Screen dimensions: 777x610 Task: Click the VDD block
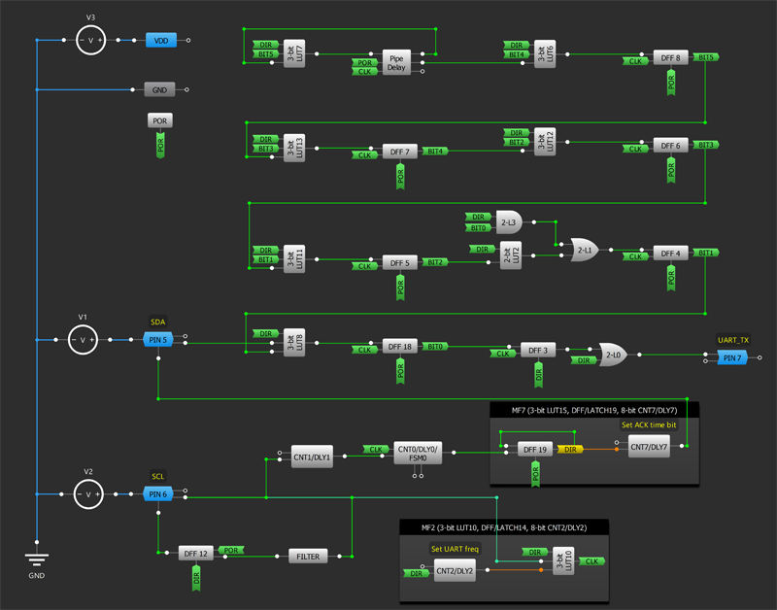(x=161, y=40)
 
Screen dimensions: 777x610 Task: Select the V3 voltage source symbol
(x=90, y=40)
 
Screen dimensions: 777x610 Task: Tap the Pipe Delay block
(x=396, y=63)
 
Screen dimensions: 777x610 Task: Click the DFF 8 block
(x=670, y=58)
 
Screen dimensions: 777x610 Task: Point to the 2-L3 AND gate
(x=508, y=221)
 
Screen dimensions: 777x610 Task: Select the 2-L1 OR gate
(x=585, y=250)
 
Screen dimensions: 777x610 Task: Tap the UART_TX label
(x=732, y=340)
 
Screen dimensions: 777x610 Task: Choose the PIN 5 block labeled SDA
(x=157, y=339)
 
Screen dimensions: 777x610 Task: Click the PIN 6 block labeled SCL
(x=157, y=494)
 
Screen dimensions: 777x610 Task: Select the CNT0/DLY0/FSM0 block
(x=419, y=453)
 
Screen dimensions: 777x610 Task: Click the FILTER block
(x=309, y=556)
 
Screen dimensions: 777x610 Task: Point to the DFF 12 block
(x=195, y=553)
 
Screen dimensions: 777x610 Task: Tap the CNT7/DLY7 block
(x=649, y=448)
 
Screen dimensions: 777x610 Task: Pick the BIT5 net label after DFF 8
(x=706, y=57)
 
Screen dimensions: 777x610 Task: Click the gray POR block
(x=161, y=121)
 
